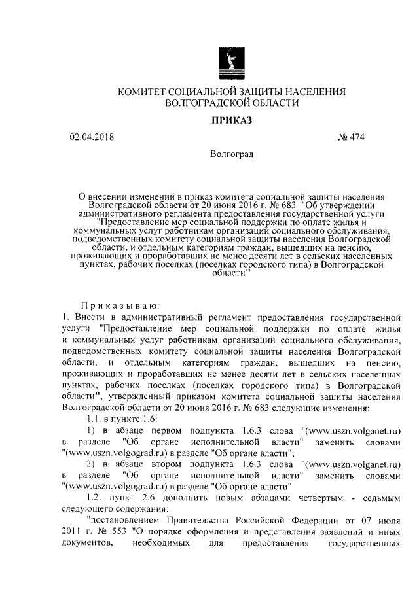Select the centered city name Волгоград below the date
[232, 154]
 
